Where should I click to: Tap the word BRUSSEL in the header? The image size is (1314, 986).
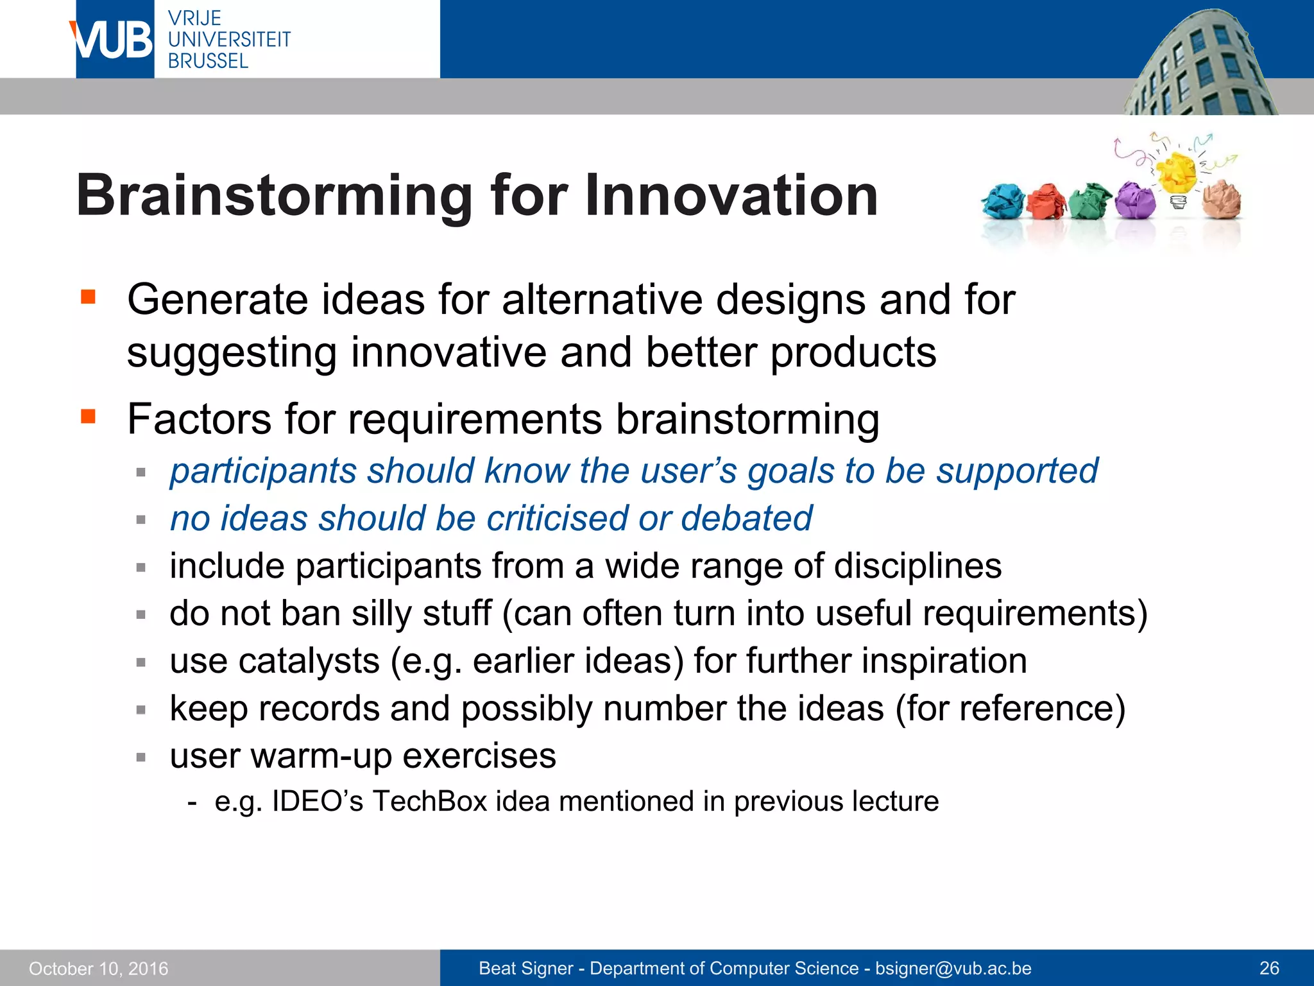pos(208,61)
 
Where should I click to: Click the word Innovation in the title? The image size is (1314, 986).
pos(731,196)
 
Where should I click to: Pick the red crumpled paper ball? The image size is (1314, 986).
pos(1046,202)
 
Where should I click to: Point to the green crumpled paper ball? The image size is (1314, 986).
pos(1090,201)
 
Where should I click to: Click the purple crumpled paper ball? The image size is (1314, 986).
pos(1134,200)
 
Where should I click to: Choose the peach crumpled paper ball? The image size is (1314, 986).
pos(1222,200)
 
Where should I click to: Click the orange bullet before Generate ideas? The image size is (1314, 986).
pos(88,297)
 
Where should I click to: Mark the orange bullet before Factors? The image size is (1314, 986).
pos(88,417)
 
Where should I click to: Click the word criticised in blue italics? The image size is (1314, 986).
pos(556,518)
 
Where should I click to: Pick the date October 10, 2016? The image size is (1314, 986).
pos(98,968)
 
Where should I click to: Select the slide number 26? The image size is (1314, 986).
pos(1269,968)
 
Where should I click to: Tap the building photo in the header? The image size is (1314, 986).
pos(1200,64)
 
